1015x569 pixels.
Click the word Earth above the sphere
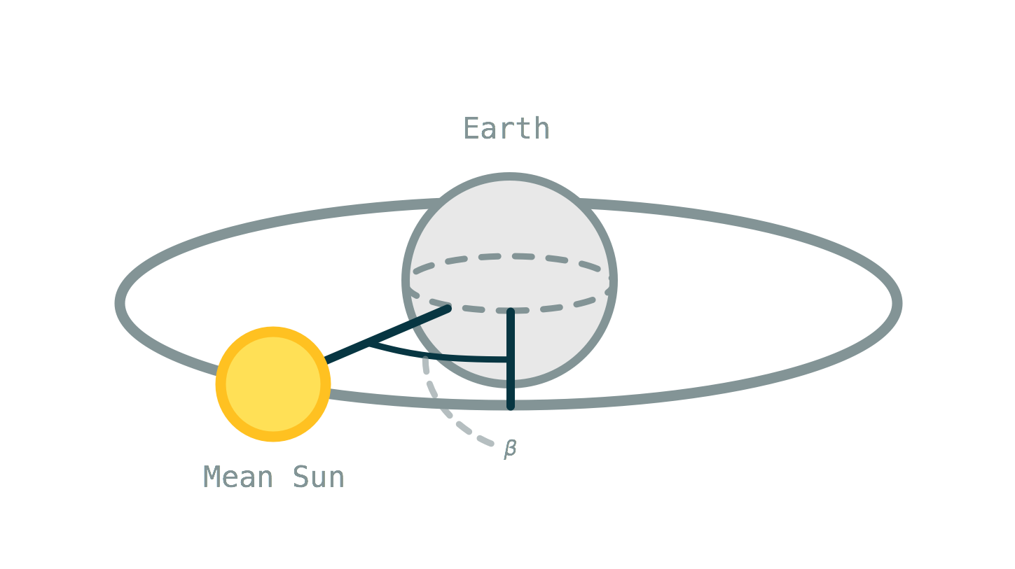[506, 128]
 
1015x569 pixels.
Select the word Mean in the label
[237, 477]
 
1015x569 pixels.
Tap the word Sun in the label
[318, 477]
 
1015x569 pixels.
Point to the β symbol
[510, 449]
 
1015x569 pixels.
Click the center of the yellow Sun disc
[273, 384]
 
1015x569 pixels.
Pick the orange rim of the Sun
[221, 384]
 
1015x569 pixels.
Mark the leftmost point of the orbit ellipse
[120, 303]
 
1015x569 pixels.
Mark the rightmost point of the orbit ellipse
[898, 303]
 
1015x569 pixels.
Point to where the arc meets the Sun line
[370, 344]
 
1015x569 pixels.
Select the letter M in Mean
[212, 477]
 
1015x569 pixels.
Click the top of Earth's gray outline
[509, 176]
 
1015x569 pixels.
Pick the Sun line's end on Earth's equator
[447, 308]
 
